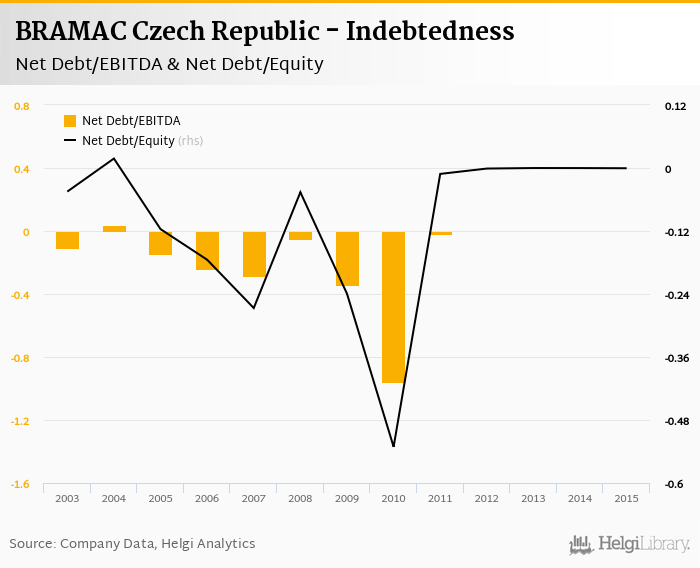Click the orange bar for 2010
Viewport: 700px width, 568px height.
point(393,307)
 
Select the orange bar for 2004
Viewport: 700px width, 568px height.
point(114,229)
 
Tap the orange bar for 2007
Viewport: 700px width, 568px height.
point(254,254)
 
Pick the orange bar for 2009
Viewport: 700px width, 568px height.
point(347,259)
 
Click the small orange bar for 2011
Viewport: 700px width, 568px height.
point(440,233)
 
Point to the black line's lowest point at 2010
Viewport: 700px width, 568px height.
point(393,446)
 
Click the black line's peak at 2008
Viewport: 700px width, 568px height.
point(301,191)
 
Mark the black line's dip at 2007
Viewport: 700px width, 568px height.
point(254,308)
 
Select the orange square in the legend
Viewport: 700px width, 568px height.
point(70,121)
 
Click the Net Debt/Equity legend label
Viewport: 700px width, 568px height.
point(128,141)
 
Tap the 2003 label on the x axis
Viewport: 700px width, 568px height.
point(68,498)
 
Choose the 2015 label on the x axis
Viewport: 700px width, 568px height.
point(626,498)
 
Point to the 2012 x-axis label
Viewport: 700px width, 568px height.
point(487,498)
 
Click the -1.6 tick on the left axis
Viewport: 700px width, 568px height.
point(20,484)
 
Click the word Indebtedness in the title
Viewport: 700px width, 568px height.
point(430,32)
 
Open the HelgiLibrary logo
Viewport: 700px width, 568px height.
point(630,544)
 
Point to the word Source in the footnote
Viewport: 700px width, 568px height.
point(31,544)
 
